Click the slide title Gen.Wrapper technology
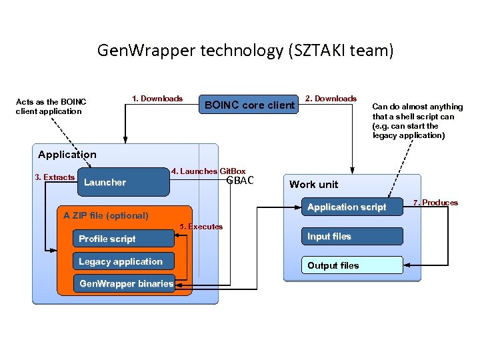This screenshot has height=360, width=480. coord(245,50)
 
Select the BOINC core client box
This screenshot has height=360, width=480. coord(249,105)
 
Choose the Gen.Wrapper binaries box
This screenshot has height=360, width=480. coord(125,284)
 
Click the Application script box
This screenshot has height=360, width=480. coord(352,207)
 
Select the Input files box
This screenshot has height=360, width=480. coord(352,236)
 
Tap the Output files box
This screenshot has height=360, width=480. coord(352,265)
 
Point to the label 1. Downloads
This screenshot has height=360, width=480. coord(157,99)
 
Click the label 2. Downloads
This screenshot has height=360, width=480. coord(331,99)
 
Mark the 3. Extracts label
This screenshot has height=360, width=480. coord(55,177)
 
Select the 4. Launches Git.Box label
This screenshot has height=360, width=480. coord(208,171)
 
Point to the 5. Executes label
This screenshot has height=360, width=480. coord(201,227)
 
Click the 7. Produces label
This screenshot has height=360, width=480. coord(436,203)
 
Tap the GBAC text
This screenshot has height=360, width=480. coord(240,181)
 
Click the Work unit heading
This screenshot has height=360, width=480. coord(313,185)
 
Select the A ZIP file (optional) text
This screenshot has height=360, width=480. coord(106,215)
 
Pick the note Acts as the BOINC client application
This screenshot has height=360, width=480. coord(51,107)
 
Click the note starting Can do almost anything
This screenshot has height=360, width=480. coord(417,121)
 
